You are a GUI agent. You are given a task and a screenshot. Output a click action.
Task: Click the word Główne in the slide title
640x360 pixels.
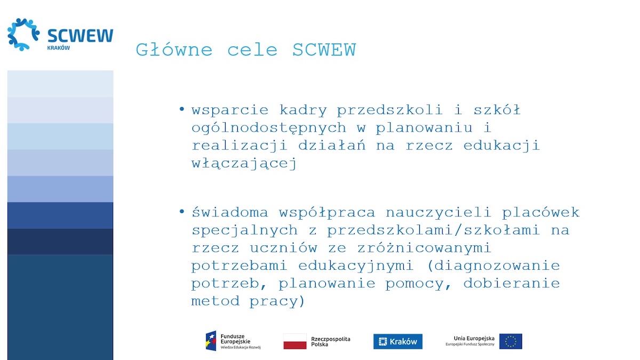click(x=174, y=51)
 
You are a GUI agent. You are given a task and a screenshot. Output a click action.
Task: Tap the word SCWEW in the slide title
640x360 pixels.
click(x=324, y=50)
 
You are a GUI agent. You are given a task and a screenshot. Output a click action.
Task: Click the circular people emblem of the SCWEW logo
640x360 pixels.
click(x=23, y=34)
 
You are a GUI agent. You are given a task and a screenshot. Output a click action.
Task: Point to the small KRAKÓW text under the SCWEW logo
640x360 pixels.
click(x=58, y=47)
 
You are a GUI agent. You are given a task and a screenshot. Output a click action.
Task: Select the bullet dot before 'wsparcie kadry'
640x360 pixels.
click(x=182, y=109)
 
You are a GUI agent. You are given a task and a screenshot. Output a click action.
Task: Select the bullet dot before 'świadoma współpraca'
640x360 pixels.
click(x=182, y=211)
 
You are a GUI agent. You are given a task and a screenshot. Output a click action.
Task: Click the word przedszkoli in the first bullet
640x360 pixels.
click(x=390, y=110)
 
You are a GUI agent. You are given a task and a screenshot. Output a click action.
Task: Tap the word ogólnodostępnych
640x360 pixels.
click(x=269, y=128)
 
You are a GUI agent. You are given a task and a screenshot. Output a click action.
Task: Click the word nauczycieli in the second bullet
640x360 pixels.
click(x=438, y=212)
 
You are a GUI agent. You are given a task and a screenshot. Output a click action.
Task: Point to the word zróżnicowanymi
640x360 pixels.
click(x=425, y=247)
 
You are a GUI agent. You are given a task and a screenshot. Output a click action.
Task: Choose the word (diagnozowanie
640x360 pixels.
click(x=493, y=266)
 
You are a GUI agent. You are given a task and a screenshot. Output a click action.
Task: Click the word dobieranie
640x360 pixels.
click(x=511, y=283)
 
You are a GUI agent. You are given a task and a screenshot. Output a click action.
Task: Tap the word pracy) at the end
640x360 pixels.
click(x=277, y=301)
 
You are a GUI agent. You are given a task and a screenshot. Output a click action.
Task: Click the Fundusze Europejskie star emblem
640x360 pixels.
click(x=211, y=341)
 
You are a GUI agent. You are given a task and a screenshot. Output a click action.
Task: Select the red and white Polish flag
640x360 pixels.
click(x=295, y=341)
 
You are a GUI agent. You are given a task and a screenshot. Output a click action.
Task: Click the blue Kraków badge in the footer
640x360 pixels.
click(x=398, y=341)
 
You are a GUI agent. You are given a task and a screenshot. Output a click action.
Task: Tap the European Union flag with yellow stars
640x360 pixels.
click(x=510, y=341)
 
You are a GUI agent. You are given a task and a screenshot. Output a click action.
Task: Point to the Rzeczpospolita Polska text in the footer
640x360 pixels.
click(x=331, y=341)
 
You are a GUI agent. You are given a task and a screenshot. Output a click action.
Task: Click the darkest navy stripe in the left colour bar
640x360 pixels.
click(x=60, y=242)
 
